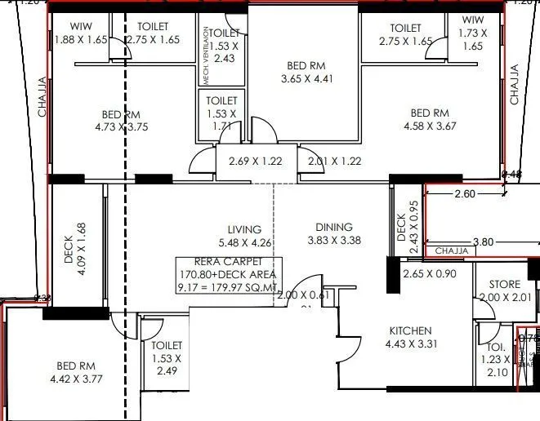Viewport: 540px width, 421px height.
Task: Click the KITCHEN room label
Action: (x=410, y=330)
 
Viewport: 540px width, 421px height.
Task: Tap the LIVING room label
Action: (x=244, y=229)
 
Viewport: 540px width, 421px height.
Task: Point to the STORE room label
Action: (x=505, y=284)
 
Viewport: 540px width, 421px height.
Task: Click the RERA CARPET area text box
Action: (x=226, y=274)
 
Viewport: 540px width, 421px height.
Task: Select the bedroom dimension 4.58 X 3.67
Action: (x=430, y=126)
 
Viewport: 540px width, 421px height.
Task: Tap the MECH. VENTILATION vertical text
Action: (x=204, y=55)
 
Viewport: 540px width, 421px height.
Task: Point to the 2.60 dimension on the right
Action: (x=463, y=194)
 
